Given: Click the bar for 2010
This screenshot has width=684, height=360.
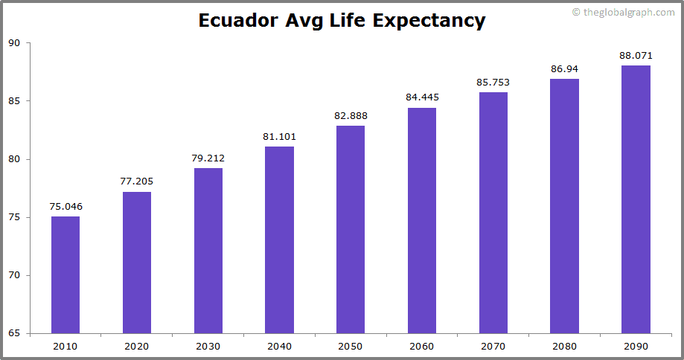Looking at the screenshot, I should pyautogui.click(x=65, y=274).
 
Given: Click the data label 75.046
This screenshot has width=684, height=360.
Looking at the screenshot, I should pyautogui.click(x=65, y=206).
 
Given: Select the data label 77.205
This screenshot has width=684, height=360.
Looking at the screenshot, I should pyautogui.click(x=137, y=181).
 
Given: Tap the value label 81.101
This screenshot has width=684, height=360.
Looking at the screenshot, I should pyautogui.click(x=279, y=135).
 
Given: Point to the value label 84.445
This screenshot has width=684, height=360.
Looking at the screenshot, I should pyautogui.click(x=422, y=97).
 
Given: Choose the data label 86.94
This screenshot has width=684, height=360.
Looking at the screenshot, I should pyautogui.click(x=564, y=68).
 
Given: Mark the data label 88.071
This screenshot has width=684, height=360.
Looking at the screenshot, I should pyautogui.click(x=636, y=55).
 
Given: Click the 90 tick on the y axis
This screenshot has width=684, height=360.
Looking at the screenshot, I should pyautogui.click(x=14, y=43).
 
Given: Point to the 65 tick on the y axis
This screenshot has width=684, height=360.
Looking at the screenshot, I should pyautogui.click(x=14, y=333).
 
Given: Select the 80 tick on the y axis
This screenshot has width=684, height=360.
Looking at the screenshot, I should pyautogui.click(x=14, y=159).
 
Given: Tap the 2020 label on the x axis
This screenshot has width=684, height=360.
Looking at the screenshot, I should pyautogui.click(x=137, y=346).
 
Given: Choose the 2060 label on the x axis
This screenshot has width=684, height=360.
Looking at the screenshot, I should pyautogui.click(x=422, y=346).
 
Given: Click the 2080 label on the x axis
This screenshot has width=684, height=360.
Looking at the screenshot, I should pyautogui.click(x=564, y=346).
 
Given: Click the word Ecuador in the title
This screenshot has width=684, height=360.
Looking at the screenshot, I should pyautogui.click(x=238, y=20).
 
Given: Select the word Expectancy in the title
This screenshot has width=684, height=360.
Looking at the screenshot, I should pyautogui.click(x=429, y=21).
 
